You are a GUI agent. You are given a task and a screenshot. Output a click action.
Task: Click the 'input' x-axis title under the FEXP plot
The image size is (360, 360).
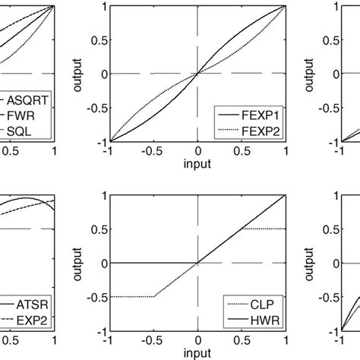click(x=197, y=163)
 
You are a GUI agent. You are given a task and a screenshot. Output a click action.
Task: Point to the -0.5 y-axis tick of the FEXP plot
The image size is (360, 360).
click(x=96, y=107)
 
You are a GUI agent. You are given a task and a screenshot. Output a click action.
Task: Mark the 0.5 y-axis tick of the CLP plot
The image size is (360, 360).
click(x=98, y=228)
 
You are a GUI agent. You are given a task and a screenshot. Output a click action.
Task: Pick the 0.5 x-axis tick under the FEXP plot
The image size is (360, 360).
click(x=242, y=152)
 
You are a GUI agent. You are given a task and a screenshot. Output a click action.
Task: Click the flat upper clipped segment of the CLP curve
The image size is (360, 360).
click(x=263, y=229)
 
